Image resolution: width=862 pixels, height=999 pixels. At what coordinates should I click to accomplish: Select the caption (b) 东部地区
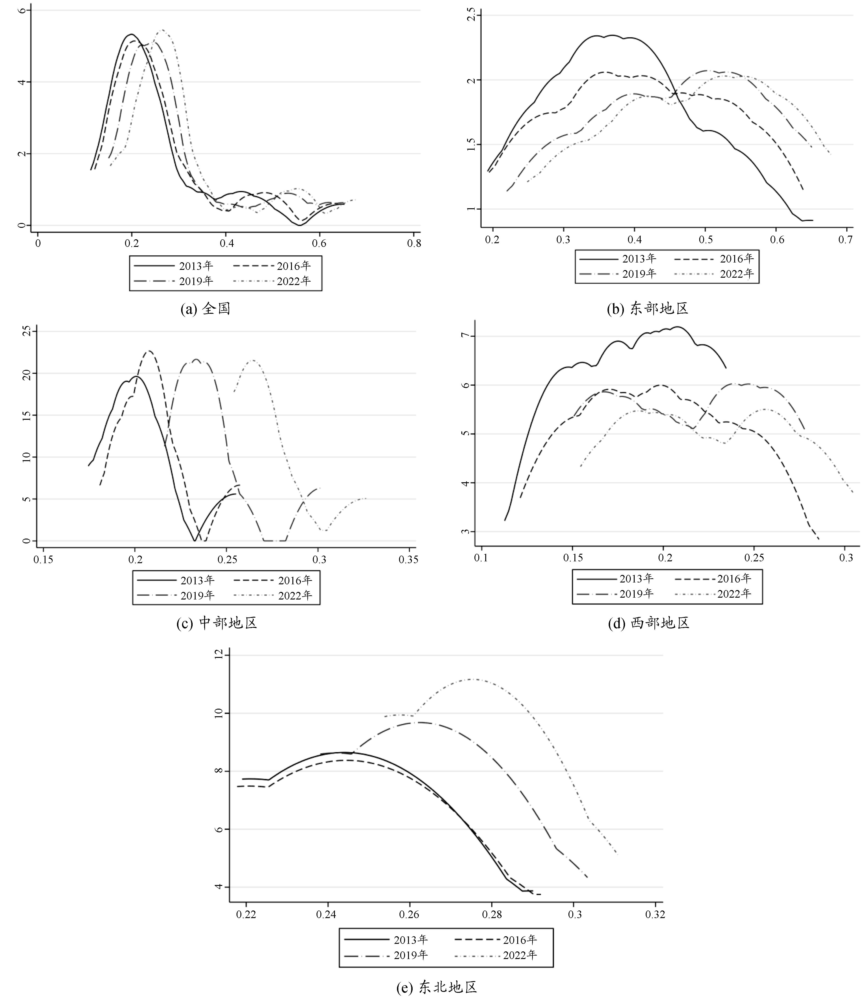647,308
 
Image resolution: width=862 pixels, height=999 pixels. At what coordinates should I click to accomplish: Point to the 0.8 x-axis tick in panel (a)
414,243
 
